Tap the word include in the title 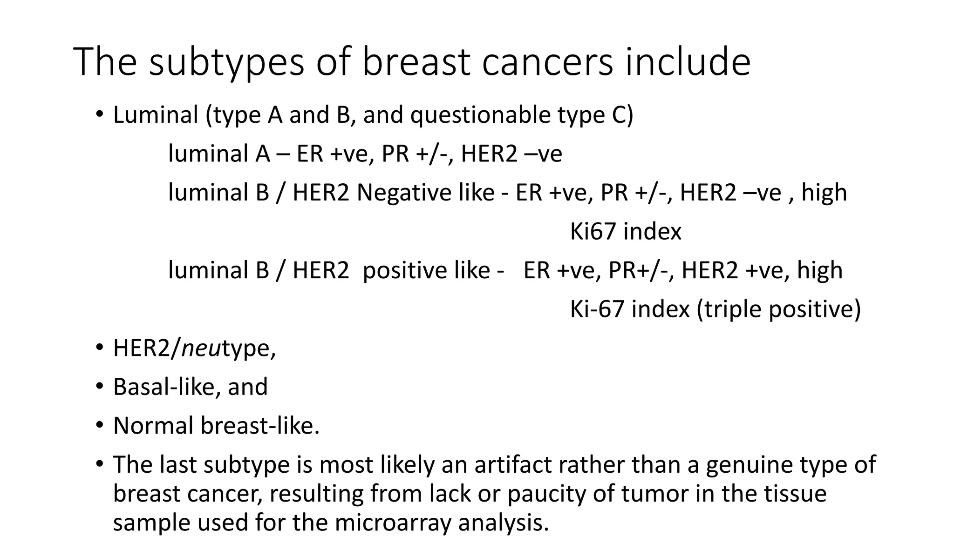(x=688, y=62)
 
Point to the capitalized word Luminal (x=156, y=115)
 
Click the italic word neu (x=200, y=348)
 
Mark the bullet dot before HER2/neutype (x=99, y=348)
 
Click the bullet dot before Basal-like (x=99, y=387)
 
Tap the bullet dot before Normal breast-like (x=99, y=425)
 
